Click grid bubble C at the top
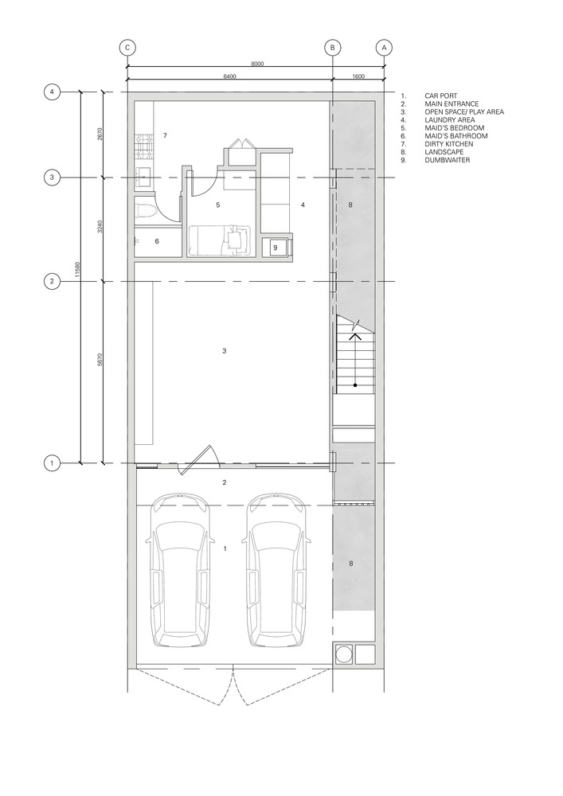pyautogui.click(x=127, y=48)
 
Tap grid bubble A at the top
pyautogui.click(x=384, y=48)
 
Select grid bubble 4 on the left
pyautogui.click(x=52, y=92)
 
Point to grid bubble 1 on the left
pyautogui.click(x=52, y=463)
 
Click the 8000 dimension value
pyautogui.click(x=258, y=64)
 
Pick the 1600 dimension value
pyautogui.click(x=358, y=76)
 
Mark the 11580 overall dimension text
pyautogui.click(x=77, y=269)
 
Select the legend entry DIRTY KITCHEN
pyautogui.click(x=449, y=144)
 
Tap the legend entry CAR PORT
pyautogui.click(x=440, y=96)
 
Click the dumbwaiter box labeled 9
pyautogui.click(x=276, y=248)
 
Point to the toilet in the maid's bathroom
pyautogui.click(x=144, y=211)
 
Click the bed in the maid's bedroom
pyautogui.click(x=220, y=240)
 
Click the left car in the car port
pyautogui.click(x=179, y=570)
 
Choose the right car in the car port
pyautogui.click(x=276, y=570)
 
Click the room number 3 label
pyautogui.click(x=225, y=351)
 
